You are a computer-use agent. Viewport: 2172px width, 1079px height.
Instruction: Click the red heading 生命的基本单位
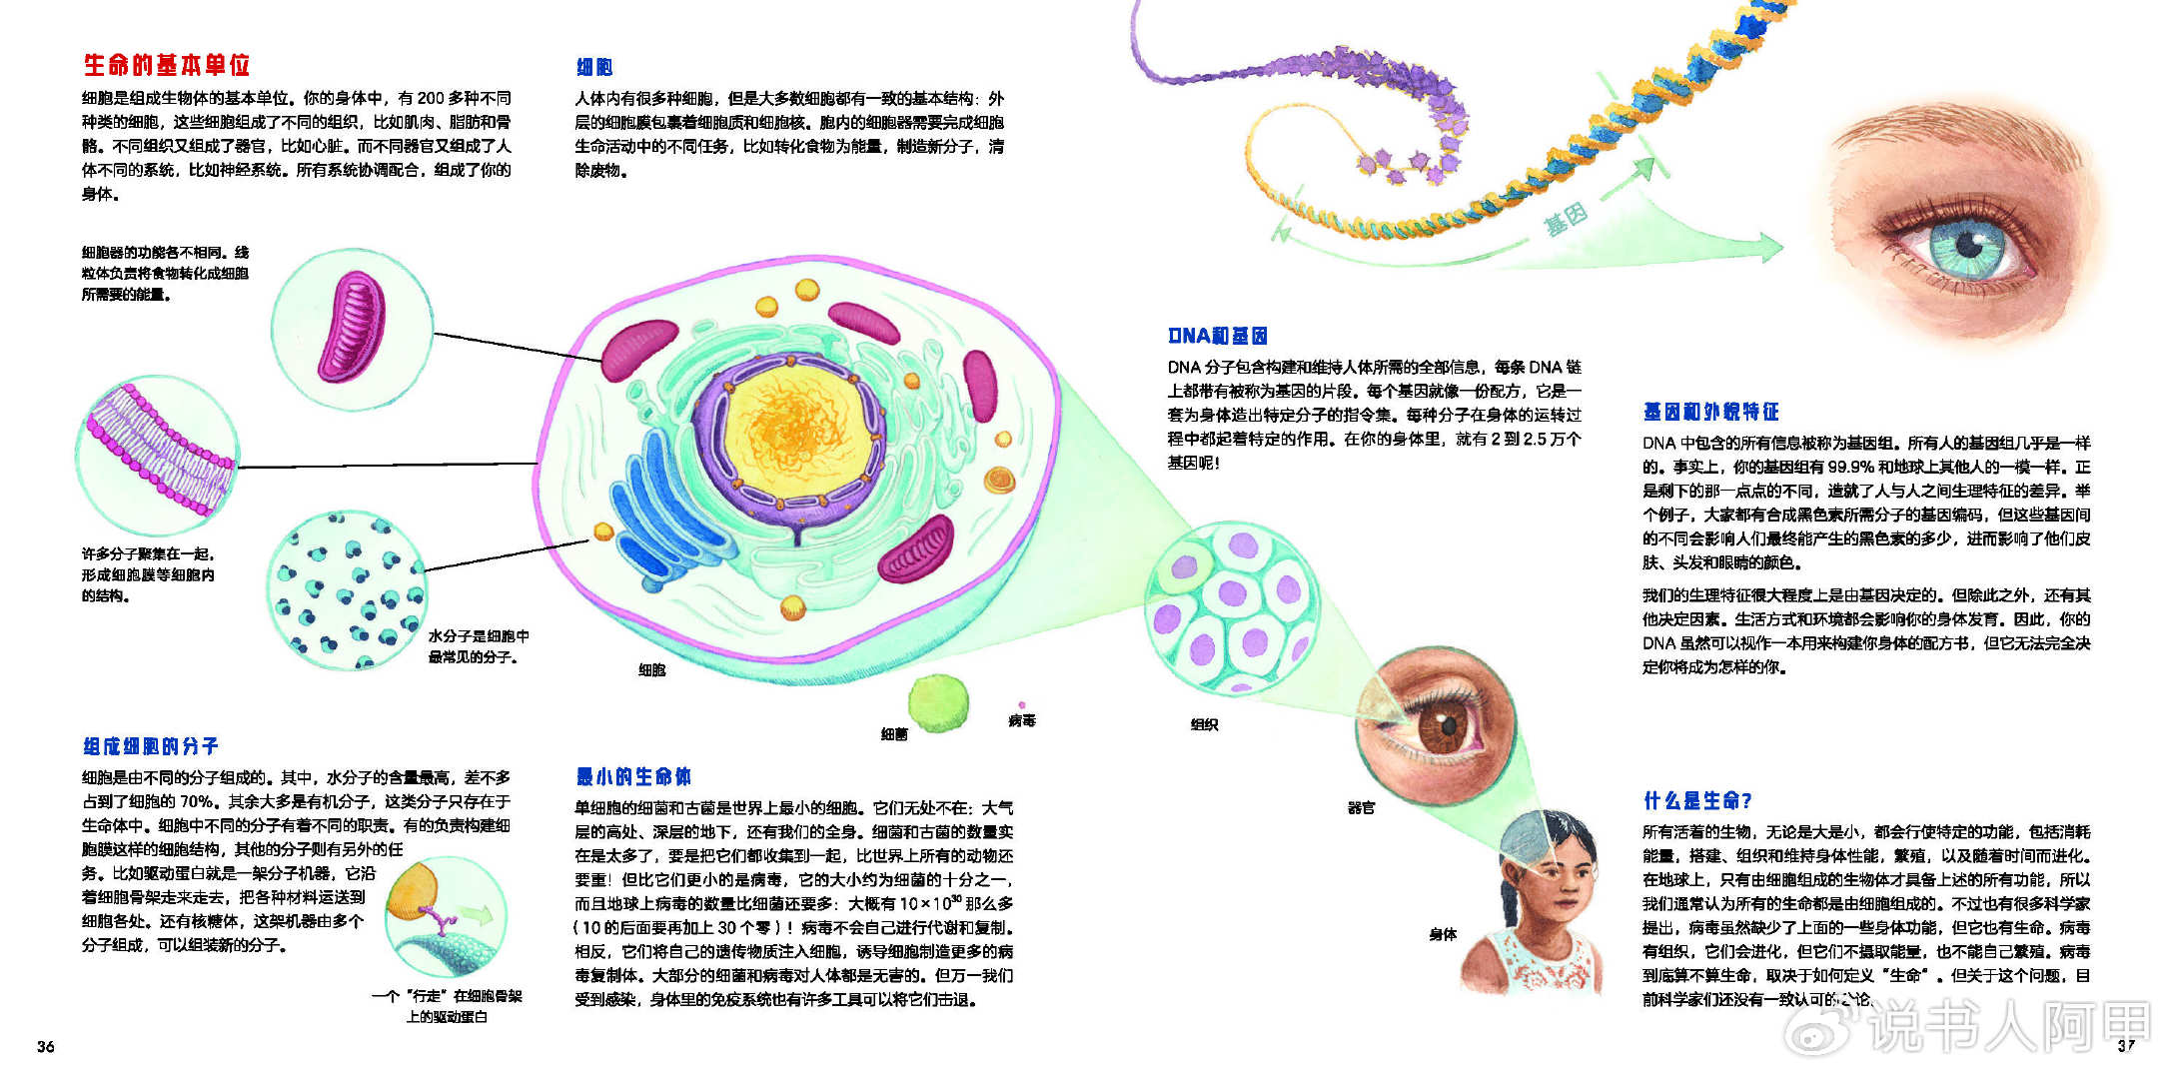pyautogui.click(x=166, y=66)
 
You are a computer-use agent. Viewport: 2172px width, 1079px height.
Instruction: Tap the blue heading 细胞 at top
pyautogui.click(x=594, y=67)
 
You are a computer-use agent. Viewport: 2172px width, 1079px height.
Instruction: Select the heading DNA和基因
pyautogui.click(x=1217, y=336)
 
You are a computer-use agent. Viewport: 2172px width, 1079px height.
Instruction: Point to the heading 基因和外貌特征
pyautogui.click(x=1710, y=412)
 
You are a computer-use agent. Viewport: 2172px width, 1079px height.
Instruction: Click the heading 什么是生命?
pyautogui.click(x=1697, y=800)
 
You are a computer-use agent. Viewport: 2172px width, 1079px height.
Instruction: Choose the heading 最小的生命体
pyautogui.click(x=633, y=776)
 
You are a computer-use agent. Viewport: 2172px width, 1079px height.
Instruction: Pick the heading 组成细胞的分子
pyautogui.click(x=151, y=746)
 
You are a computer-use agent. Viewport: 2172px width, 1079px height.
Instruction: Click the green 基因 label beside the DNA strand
pyautogui.click(x=1566, y=219)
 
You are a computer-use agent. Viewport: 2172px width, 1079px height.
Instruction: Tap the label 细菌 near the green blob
pyautogui.click(x=894, y=734)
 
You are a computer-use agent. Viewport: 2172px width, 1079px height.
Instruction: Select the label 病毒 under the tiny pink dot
pyautogui.click(x=1022, y=720)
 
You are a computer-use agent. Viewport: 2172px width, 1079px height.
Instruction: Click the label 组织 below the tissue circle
pyautogui.click(x=1204, y=724)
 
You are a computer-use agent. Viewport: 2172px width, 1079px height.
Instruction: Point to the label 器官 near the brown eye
pyautogui.click(x=1361, y=807)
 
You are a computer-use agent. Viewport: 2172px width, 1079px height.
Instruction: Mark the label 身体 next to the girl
pyautogui.click(x=1443, y=934)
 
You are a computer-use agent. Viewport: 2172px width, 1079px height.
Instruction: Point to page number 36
pyautogui.click(x=46, y=1046)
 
